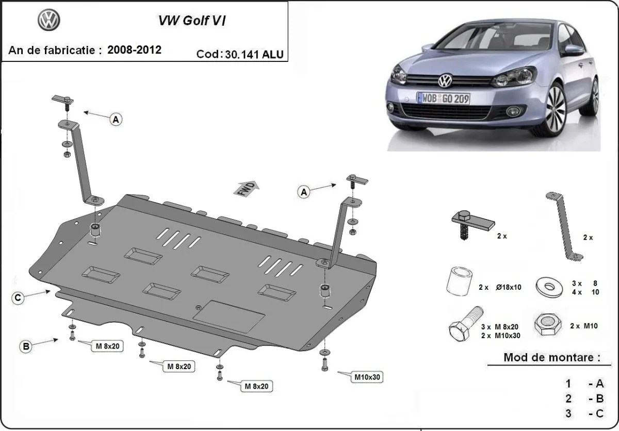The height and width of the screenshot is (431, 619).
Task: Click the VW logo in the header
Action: click(49, 21)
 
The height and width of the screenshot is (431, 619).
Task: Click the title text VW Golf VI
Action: click(191, 21)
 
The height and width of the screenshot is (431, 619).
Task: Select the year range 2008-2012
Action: click(135, 49)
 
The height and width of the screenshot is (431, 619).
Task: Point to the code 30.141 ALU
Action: click(254, 55)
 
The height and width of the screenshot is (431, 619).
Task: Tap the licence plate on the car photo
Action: click(443, 98)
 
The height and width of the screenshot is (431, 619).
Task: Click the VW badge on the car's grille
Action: click(445, 81)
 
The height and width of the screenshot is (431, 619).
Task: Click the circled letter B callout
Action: click(25, 346)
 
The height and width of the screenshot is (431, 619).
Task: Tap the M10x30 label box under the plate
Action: click(367, 377)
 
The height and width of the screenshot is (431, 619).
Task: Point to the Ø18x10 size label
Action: click(508, 287)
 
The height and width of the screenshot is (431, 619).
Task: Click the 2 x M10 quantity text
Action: click(584, 326)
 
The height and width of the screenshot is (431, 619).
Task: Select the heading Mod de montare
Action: click(552, 357)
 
